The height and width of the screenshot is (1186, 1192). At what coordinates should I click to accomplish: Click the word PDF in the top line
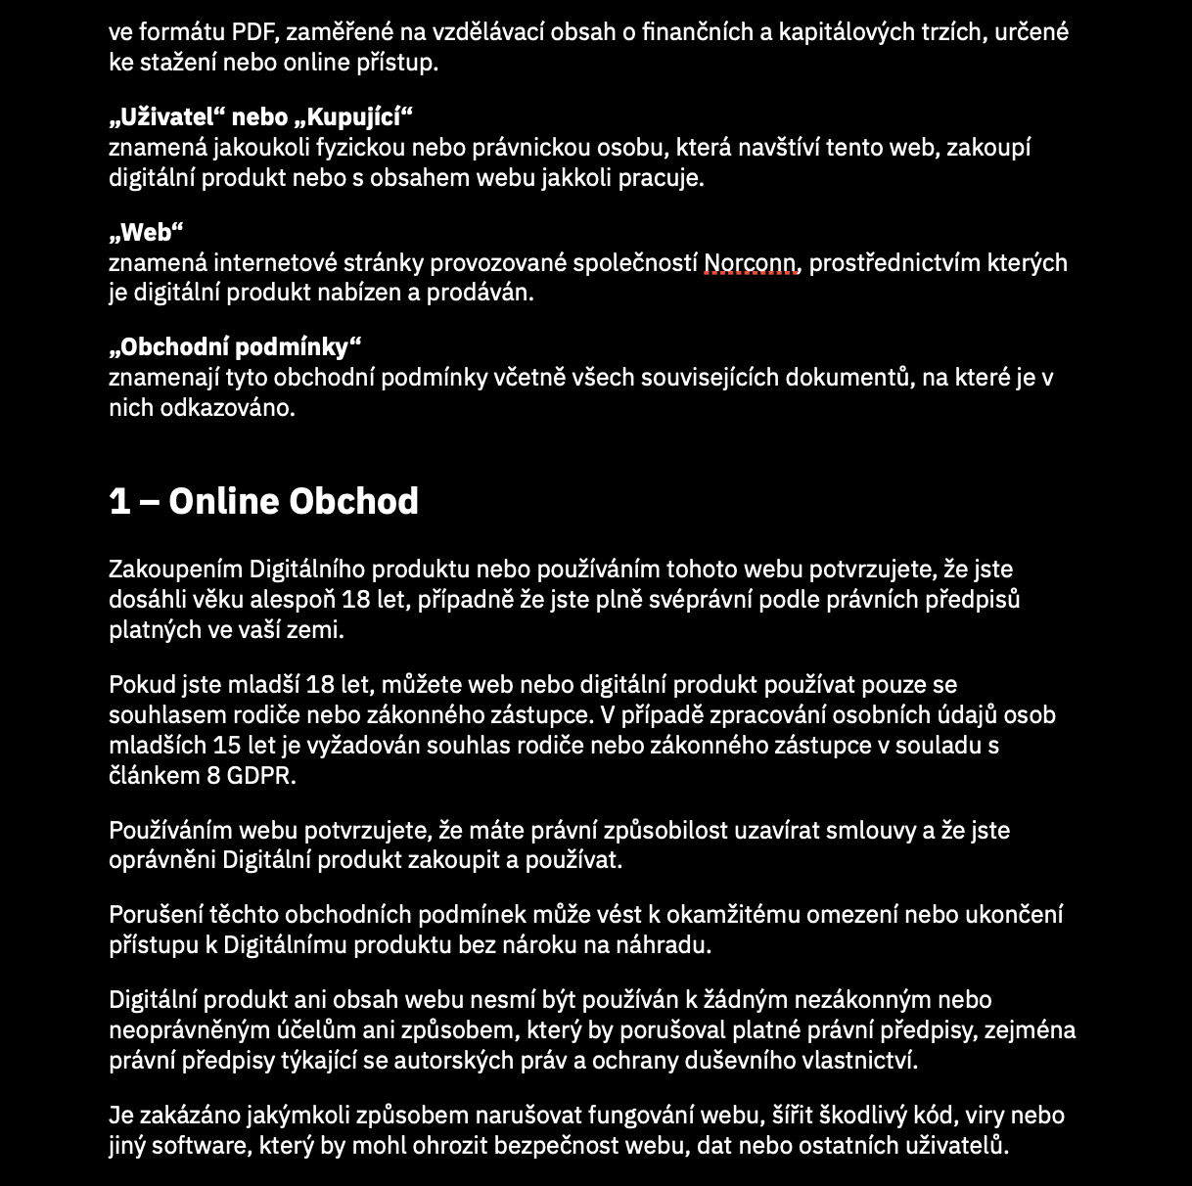(255, 32)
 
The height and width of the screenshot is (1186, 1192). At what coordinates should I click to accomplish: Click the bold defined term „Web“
(146, 233)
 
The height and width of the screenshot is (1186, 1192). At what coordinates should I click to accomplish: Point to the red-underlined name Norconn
(751, 263)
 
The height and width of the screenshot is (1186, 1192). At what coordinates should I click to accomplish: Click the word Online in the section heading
(223, 501)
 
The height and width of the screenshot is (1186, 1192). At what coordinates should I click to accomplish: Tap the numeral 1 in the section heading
(119, 501)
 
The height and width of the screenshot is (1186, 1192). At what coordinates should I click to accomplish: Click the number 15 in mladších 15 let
(228, 746)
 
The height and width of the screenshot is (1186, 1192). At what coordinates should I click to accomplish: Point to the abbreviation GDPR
(260, 776)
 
